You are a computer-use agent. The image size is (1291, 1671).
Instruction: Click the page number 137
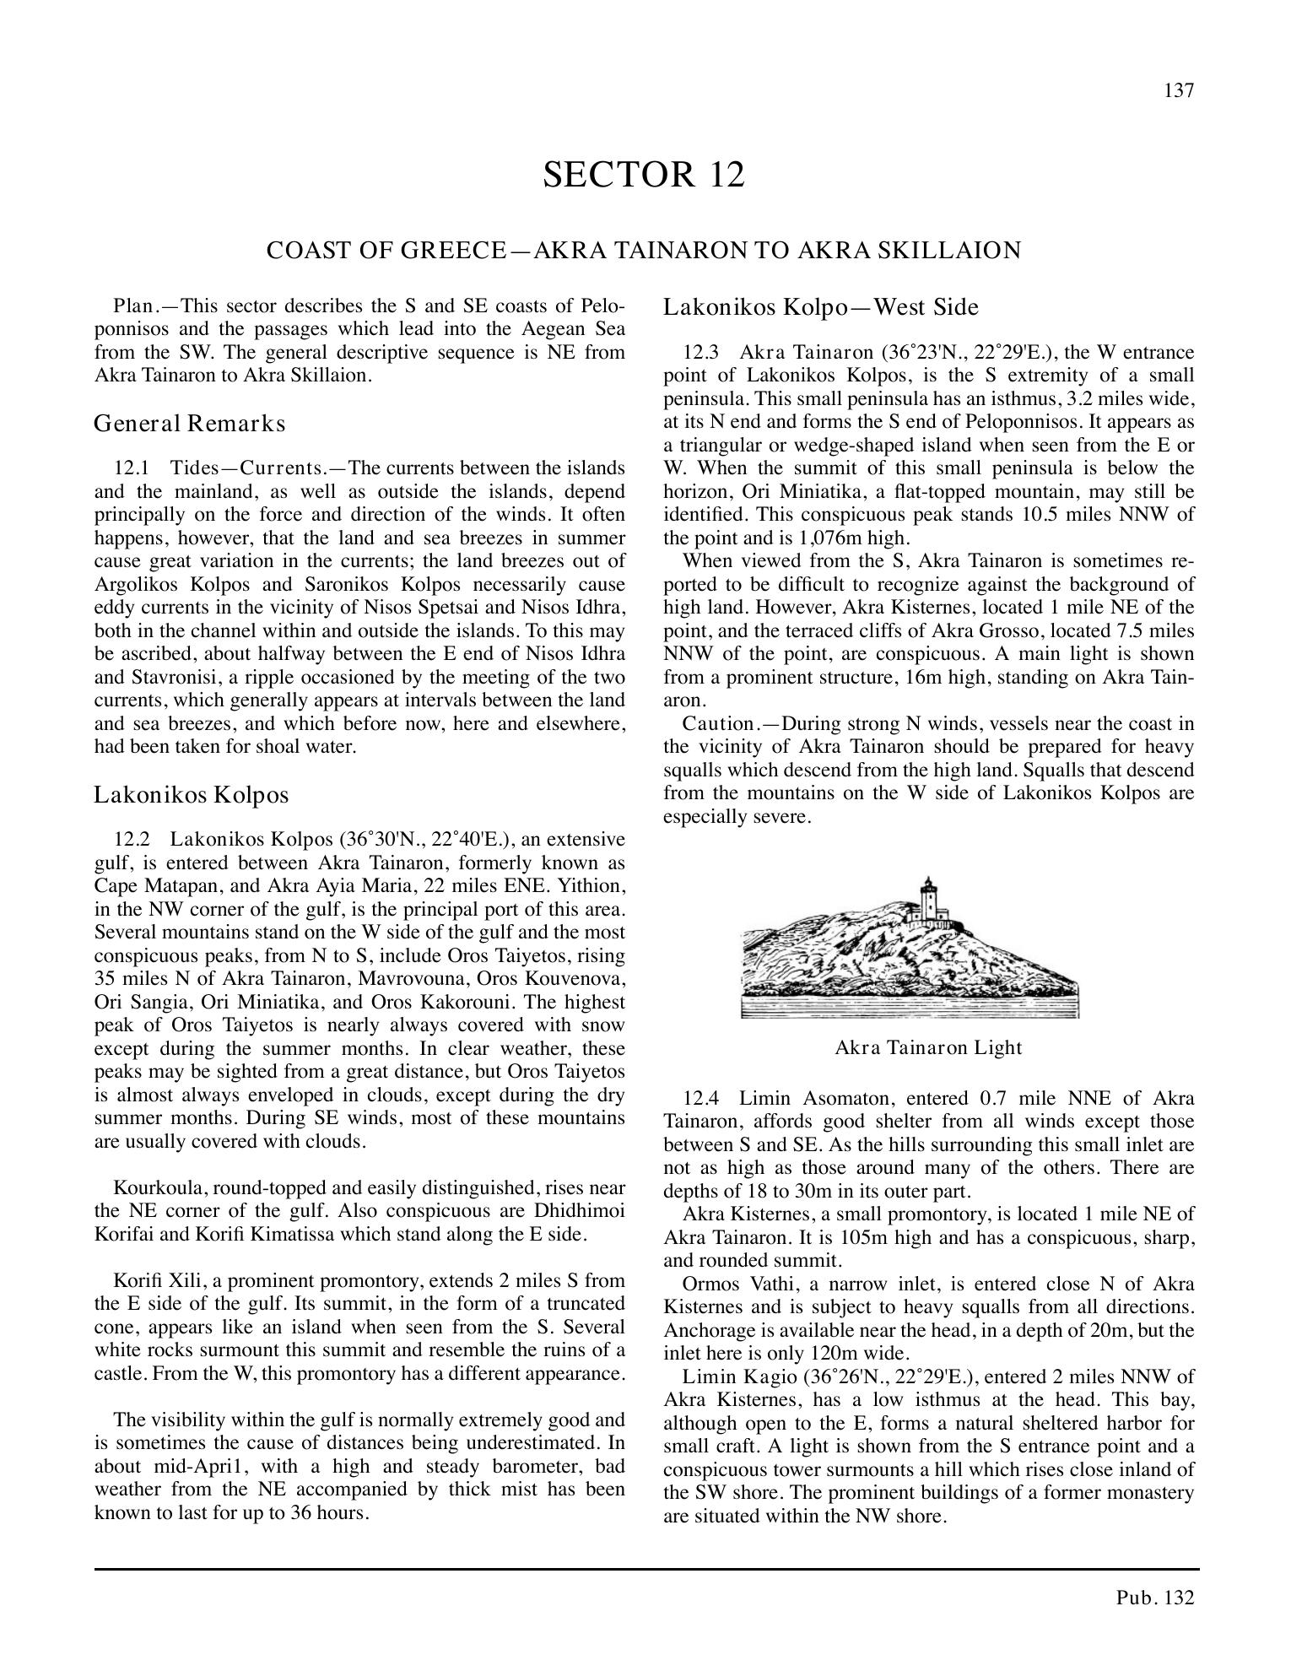(1179, 91)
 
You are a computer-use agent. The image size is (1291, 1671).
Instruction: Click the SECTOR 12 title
(644, 175)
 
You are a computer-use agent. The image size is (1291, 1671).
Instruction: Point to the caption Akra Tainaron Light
(927, 1048)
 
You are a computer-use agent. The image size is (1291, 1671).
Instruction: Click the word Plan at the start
(132, 306)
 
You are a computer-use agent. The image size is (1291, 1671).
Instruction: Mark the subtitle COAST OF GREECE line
(644, 251)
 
